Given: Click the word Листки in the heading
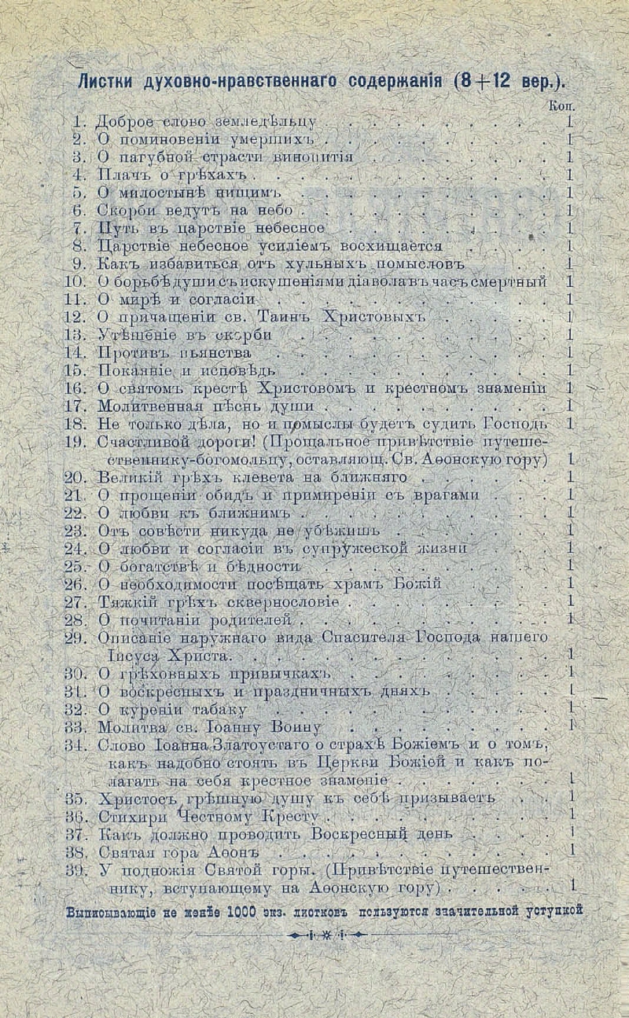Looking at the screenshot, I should pos(104,82).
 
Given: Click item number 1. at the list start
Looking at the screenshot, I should pos(79,122).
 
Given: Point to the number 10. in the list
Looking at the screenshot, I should pos(75,281).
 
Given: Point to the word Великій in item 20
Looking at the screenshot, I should pos(127,477).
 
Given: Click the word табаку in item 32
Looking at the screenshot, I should pos(192,707).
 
